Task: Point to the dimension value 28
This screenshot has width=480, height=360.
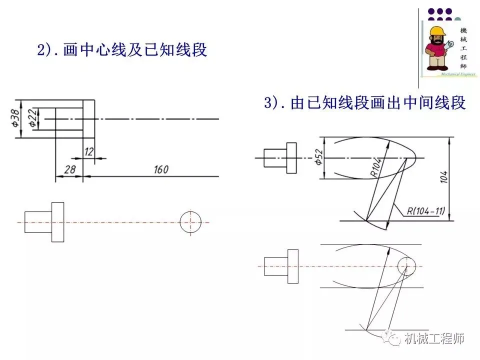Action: tap(69, 170)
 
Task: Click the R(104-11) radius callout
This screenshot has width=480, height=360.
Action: tap(424, 210)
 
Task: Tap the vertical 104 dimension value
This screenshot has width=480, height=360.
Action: tap(444, 177)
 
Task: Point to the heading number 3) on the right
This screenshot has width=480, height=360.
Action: tap(273, 103)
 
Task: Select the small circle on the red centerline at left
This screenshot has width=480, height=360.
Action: tap(190, 221)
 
